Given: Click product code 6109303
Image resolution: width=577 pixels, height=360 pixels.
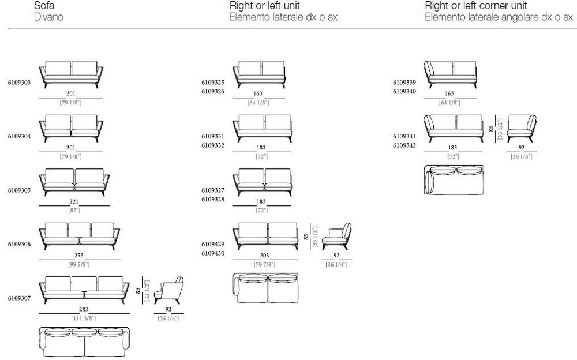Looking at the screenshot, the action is pos(19,82).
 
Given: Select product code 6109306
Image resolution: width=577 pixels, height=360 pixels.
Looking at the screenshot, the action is pos(19,244).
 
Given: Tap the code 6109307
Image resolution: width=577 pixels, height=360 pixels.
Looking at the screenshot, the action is pos(19,298).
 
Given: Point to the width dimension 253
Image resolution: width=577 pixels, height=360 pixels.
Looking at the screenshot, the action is pos(78,255).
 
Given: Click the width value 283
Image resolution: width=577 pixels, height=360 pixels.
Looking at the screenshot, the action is pos(84,309).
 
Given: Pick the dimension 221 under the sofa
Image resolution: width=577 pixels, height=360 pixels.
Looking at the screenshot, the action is pos(74,201).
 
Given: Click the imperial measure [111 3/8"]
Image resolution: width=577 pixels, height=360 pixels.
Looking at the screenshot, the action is pos(84,318).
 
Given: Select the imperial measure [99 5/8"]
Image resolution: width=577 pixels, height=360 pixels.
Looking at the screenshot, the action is pos(78,264).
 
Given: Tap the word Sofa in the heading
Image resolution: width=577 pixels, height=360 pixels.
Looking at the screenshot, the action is pos(44,6).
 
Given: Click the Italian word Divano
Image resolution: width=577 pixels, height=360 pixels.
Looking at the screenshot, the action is pos(48,17).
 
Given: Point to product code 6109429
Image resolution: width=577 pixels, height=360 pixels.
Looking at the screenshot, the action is pos(213,244).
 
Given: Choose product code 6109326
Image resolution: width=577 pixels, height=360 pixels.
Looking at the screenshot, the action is pos(213,92).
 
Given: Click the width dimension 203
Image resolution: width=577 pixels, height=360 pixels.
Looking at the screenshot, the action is pos(264,255).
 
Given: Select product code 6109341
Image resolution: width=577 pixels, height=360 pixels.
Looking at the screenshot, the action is pos(404,136).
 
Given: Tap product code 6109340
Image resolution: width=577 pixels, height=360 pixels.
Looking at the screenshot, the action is pos(404,92).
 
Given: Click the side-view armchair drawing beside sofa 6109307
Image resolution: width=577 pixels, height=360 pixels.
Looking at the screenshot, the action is pos(168,290).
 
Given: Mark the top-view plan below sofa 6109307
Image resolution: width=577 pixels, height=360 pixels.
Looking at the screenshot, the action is pos(84,342).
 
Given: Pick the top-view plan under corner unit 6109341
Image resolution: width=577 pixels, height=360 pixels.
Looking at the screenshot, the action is pos(454,179).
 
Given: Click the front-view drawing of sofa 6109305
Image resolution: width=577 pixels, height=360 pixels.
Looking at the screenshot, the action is pos(74,182).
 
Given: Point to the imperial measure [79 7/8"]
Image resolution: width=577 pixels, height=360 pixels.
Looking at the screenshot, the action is pos(264,264).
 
